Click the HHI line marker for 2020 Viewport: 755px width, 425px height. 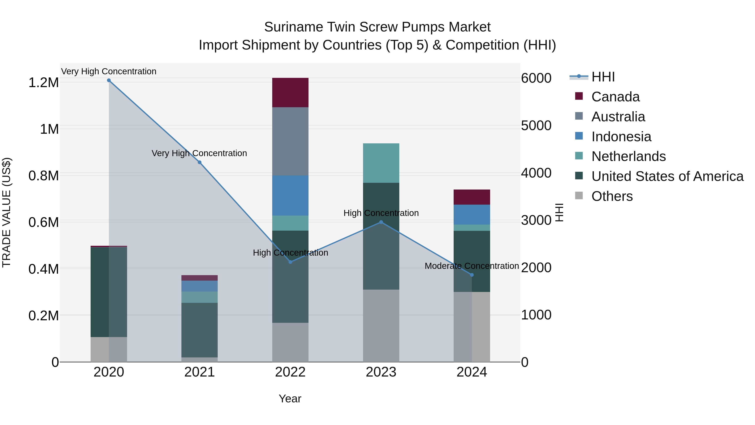point(109,80)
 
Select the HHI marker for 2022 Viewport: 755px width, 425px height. point(290,262)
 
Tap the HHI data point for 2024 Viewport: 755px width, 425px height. point(472,275)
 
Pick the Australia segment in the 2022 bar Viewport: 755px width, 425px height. point(290,141)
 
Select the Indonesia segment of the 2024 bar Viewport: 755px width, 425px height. point(472,214)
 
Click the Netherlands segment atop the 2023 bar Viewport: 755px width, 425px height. point(381,163)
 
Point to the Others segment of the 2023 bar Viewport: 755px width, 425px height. point(381,326)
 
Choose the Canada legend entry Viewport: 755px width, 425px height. point(615,97)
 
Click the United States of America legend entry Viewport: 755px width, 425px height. point(667,176)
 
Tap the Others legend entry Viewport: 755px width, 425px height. point(612,196)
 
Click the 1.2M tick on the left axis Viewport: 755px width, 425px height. point(43,83)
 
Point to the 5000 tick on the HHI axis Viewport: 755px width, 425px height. point(536,126)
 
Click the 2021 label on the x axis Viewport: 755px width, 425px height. point(199,372)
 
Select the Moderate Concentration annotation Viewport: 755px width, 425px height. point(472,266)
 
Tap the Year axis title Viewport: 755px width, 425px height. point(290,399)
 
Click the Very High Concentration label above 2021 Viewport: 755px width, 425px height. point(199,153)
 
